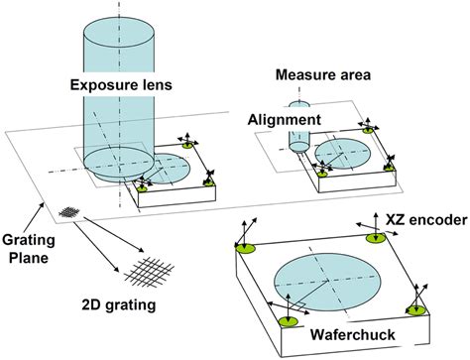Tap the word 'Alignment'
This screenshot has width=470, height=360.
tap(285, 118)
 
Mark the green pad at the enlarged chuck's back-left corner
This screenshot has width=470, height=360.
tap(244, 247)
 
